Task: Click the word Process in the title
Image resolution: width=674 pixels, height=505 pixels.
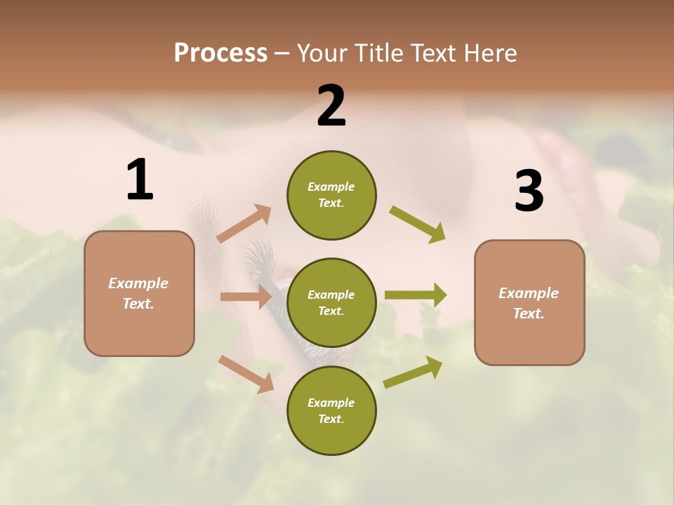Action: point(220,53)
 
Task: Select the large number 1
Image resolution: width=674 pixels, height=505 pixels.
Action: point(140,180)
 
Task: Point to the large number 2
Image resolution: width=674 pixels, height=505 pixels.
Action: point(331,106)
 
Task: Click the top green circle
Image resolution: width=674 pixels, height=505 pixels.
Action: point(331,195)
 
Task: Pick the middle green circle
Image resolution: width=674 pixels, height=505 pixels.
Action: point(331,302)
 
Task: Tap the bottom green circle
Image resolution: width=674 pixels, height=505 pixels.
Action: point(331,410)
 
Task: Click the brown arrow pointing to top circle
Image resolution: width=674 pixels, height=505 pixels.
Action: point(244,224)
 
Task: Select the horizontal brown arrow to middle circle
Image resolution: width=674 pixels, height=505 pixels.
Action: point(246,297)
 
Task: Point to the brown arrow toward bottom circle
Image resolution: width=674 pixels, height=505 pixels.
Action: point(246,374)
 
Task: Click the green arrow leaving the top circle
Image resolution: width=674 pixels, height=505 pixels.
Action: point(418,224)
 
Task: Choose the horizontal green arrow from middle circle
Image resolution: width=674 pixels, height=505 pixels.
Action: point(416,295)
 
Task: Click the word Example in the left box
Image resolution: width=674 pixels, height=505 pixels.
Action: point(138,283)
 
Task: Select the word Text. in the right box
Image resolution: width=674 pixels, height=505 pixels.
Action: point(529,314)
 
